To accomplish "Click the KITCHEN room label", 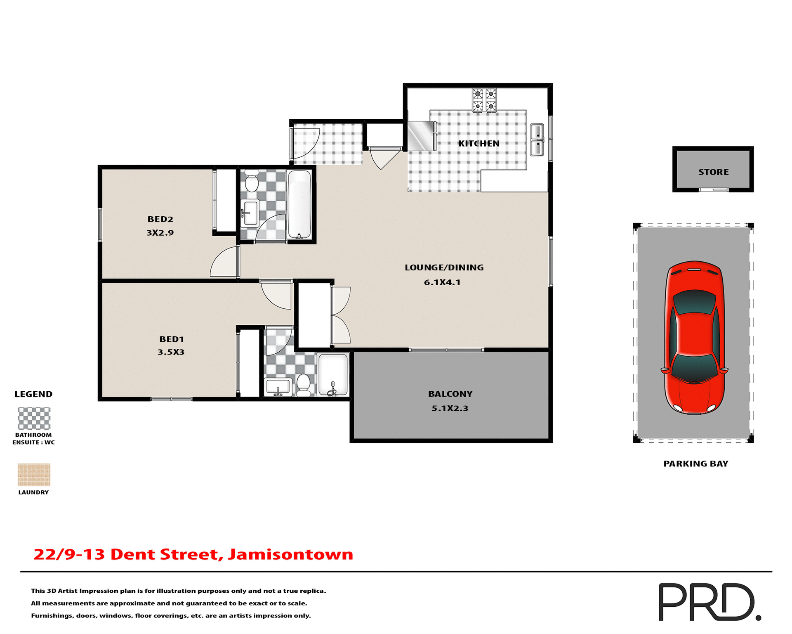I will (478, 144).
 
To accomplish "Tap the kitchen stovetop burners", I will (484, 100).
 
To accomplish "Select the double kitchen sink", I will (537, 140).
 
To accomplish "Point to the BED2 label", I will (160, 219).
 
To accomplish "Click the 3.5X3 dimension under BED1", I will (171, 352).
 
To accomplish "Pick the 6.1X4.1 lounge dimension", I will (442, 282).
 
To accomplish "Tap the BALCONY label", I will (450, 394).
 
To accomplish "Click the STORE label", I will (713, 172).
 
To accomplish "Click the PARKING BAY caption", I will (695, 464).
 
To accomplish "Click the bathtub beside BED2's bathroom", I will (299, 204).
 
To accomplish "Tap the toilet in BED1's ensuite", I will (304, 384).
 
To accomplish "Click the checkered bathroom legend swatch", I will (34, 419).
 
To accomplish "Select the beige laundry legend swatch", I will (34, 475).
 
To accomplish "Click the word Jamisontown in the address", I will (290, 554).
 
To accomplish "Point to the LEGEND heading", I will (33, 394).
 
